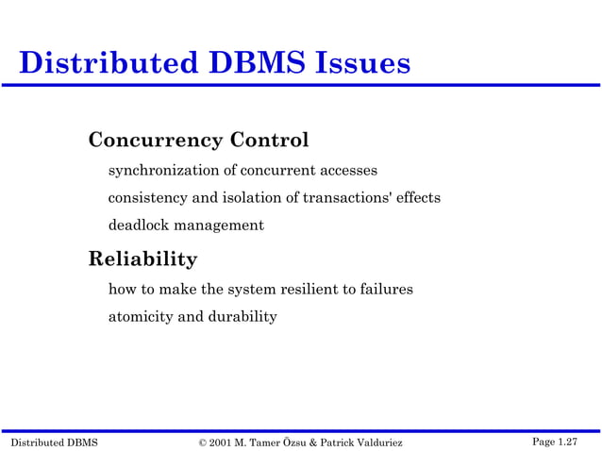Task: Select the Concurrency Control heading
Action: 198,141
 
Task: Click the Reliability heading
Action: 142,259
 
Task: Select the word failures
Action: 385,289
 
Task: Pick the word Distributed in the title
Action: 103,63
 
